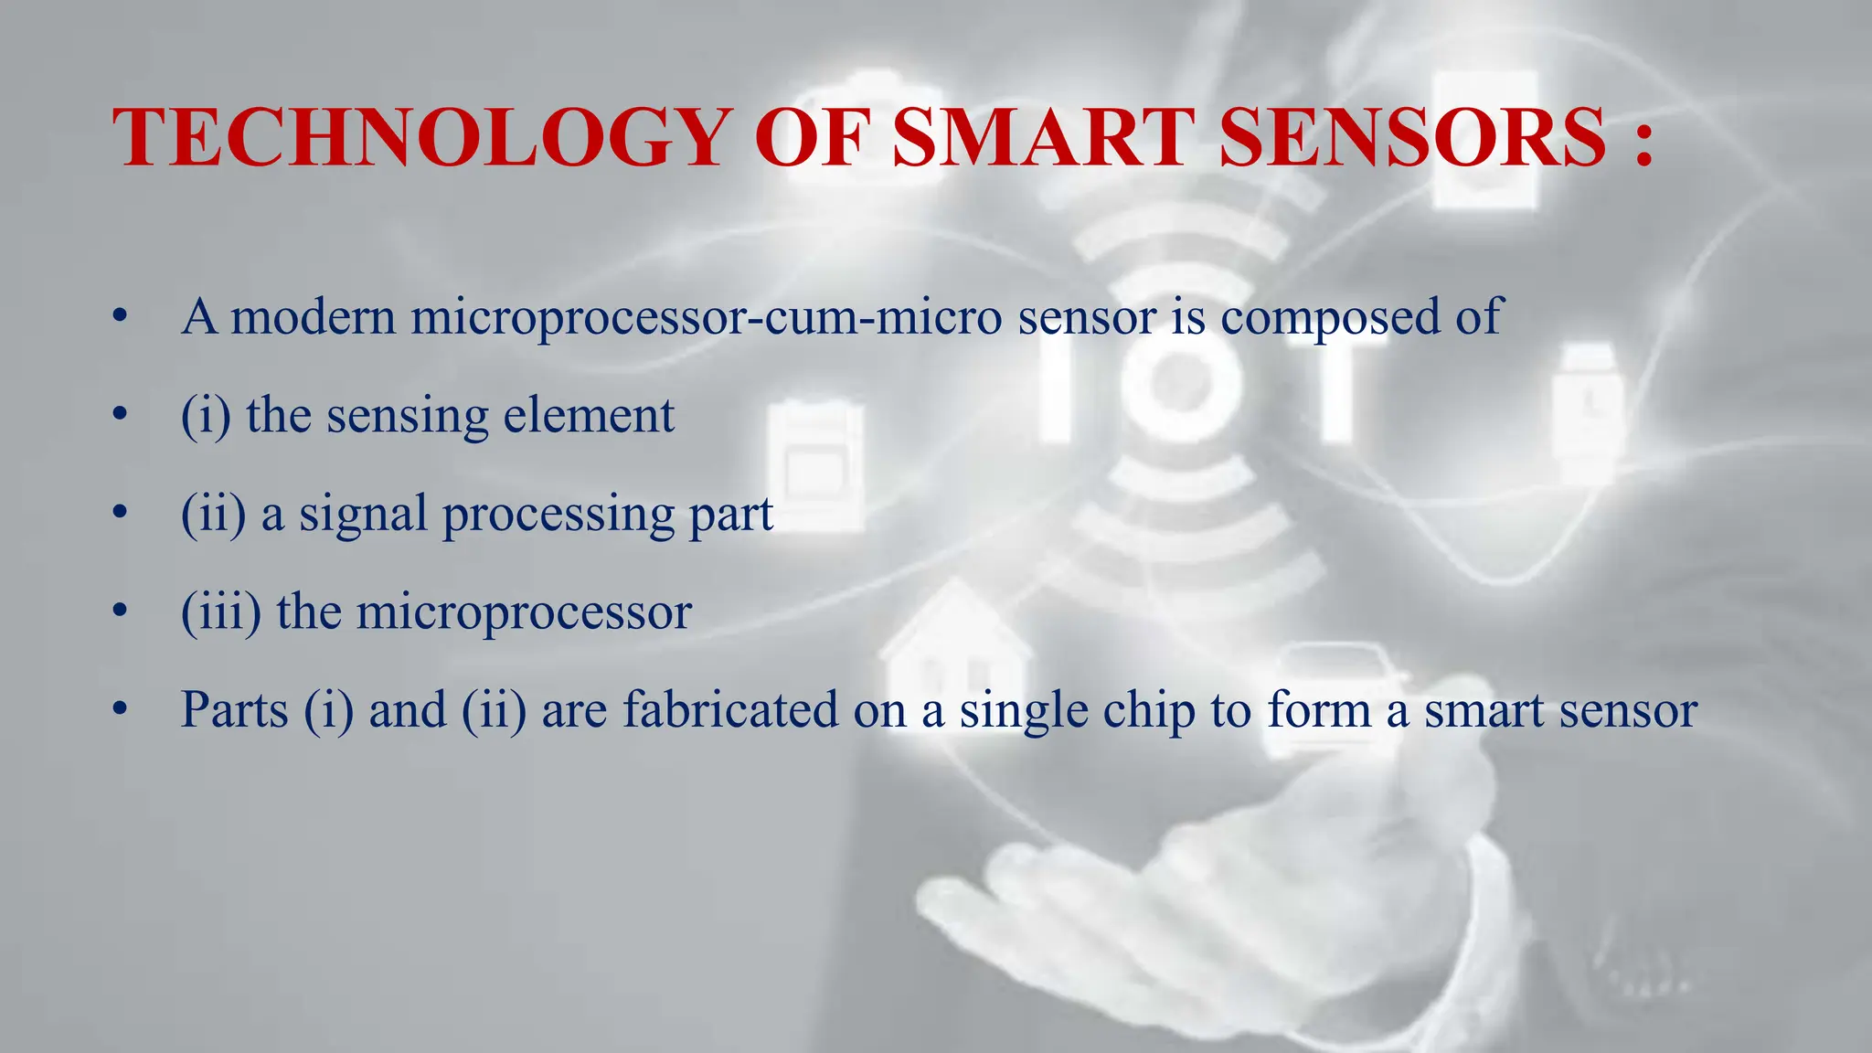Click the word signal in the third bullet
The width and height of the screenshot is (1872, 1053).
pos(363,515)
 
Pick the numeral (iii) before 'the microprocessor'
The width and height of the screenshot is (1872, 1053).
pos(220,612)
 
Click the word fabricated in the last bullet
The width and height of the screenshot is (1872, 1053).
pos(730,709)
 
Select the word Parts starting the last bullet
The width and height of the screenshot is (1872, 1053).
pos(235,709)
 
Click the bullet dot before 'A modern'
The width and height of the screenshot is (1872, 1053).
pos(119,318)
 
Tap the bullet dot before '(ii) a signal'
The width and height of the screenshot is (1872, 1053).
pos(119,514)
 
